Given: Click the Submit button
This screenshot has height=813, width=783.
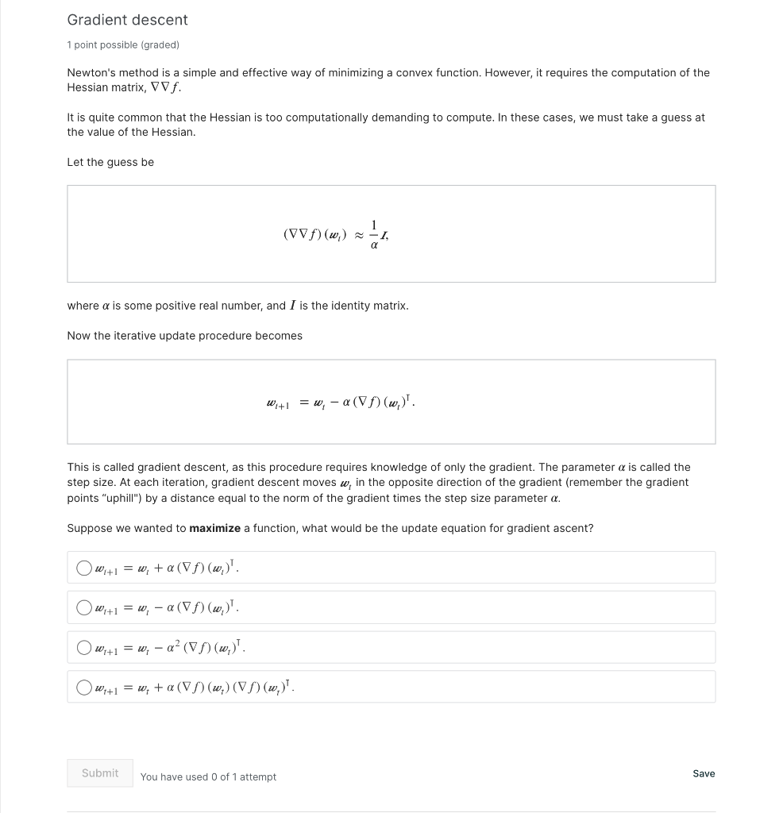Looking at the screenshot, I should coord(100,773).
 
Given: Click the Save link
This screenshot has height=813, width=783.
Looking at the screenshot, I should coord(704,773).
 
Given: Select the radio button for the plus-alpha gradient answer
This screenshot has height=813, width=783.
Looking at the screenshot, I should coord(84,568).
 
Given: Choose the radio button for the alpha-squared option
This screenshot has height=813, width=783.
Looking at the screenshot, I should coord(84,648).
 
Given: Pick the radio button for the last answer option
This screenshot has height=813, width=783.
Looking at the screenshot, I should coord(84,688).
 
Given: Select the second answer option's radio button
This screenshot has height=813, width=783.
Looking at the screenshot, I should coord(84,608).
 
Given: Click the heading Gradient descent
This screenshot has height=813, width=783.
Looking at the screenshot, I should coord(127,20).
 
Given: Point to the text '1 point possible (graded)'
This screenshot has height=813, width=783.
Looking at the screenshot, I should coord(123,45).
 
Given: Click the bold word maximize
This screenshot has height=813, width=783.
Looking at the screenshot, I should coord(214,529).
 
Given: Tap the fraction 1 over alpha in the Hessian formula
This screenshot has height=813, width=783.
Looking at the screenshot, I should coord(373,233).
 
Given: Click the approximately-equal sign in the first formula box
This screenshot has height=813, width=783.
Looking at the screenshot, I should coord(358,235).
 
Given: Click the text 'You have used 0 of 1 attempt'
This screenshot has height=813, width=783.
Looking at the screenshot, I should coord(208,777).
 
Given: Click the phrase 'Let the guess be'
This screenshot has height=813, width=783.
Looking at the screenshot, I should coord(110,162).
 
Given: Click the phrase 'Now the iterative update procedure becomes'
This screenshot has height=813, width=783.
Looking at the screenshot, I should coord(184,336).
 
